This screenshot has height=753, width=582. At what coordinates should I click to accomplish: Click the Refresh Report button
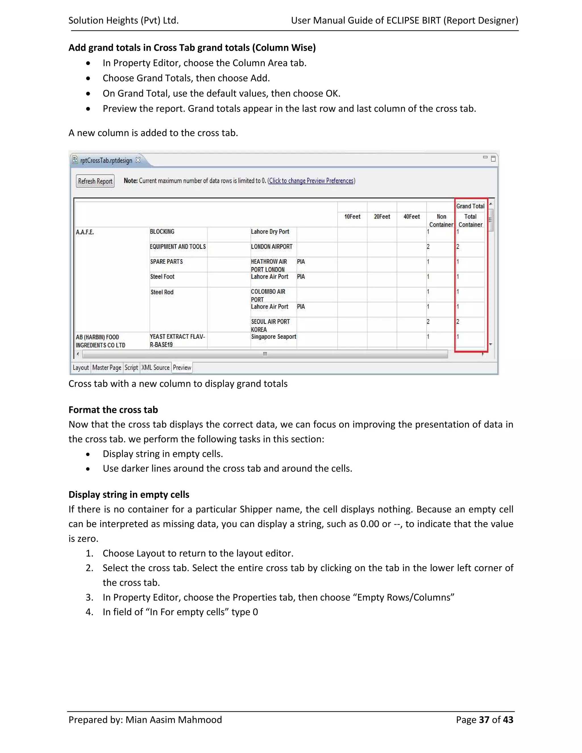(x=95, y=181)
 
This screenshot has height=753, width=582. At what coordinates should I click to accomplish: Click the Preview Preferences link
(x=311, y=181)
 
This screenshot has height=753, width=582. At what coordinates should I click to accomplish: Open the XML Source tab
(x=155, y=367)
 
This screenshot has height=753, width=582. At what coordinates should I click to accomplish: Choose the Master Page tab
(x=107, y=367)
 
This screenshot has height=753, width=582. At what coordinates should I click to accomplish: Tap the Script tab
(x=131, y=367)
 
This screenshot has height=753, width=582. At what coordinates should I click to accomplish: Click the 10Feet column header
(x=352, y=217)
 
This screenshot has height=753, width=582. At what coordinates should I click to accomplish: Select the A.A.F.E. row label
(x=85, y=232)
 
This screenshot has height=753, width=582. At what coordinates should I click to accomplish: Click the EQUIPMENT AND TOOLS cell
(x=178, y=247)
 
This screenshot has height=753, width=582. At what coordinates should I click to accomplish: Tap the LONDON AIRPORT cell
(x=271, y=247)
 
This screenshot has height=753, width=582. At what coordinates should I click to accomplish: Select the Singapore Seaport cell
(x=273, y=337)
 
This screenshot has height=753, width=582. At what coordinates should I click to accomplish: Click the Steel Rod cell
(x=162, y=292)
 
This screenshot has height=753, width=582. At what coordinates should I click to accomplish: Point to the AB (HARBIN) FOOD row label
(x=100, y=341)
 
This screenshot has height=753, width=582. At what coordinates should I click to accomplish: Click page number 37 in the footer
(x=484, y=719)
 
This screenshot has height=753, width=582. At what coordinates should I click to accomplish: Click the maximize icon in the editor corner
(x=493, y=159)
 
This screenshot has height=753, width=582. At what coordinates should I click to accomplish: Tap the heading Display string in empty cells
(x=129, y=494)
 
